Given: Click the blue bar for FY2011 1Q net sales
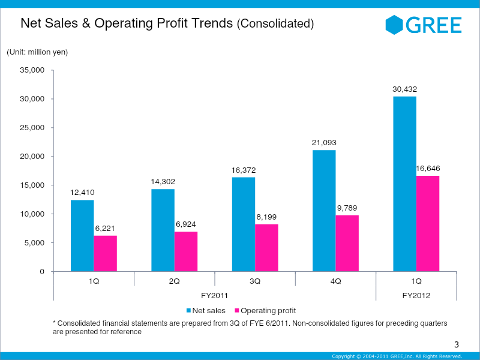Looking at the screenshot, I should pos(82,235).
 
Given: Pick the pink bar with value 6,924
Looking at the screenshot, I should pos(186,251).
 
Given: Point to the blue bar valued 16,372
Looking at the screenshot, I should pos(244,224).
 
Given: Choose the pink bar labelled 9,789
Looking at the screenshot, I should pos(347,243).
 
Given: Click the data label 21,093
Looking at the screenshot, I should pos(324,142).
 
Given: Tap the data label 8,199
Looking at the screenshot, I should pos(266,217).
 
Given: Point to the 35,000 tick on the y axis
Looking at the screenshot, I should pos(32,70).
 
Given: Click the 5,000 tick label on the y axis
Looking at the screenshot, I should pos(35,243).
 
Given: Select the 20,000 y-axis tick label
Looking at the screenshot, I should pos(32,157).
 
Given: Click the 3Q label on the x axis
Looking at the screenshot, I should pos(255,281).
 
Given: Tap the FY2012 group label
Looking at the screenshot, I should pos(416,295).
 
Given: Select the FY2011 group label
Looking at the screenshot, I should pos(214,295).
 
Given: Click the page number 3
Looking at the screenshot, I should pos(456,344).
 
